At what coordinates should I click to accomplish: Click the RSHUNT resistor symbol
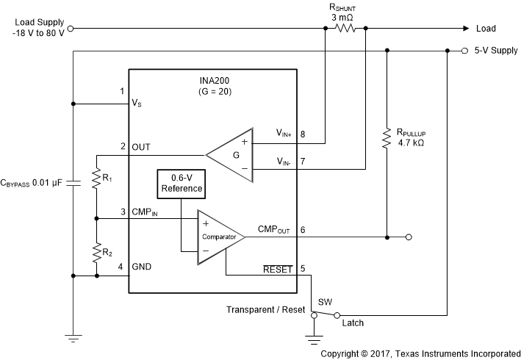coord(345,29)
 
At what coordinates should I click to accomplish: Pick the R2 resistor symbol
coord(96,253)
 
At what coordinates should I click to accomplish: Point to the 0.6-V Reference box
coord(182,184)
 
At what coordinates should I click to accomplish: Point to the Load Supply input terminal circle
coord(71,29)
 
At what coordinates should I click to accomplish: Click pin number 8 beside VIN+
coord(302,134)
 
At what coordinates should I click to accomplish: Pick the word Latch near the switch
coord(352,323)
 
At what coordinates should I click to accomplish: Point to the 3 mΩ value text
coord(345,16)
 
